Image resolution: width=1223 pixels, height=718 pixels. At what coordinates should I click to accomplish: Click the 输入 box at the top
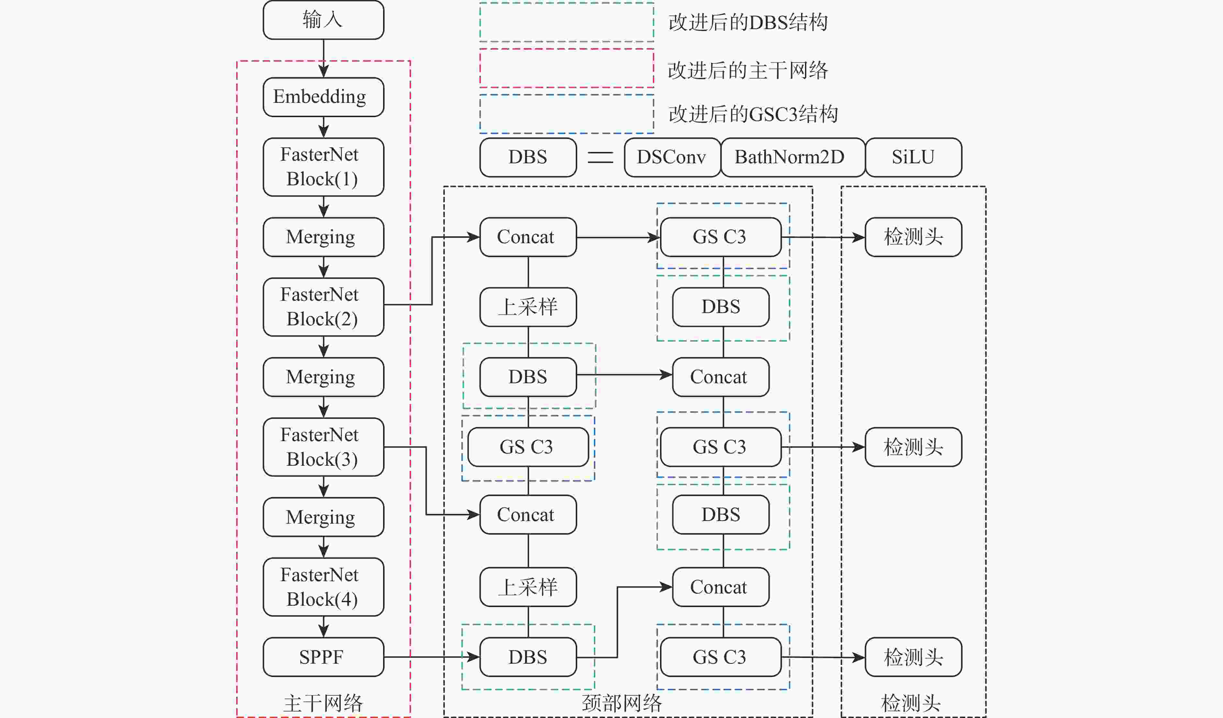pos(323,20)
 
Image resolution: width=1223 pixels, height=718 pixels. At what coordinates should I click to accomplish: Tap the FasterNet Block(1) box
pos(323,167)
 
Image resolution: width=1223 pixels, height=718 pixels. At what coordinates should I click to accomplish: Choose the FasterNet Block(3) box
pos(323,447)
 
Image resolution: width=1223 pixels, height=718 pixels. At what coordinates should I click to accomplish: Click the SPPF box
pos(323,657)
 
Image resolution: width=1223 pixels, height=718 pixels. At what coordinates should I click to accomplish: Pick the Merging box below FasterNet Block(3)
pos(323,517)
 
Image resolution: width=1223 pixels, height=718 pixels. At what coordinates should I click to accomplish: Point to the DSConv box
pos(672,157)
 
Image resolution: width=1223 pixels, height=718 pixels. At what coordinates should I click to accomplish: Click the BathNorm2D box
pos(793,157)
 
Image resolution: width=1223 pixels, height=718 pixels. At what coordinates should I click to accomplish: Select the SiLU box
pos(913,157)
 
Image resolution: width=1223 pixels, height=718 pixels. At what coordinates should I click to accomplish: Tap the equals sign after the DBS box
pos(600,157)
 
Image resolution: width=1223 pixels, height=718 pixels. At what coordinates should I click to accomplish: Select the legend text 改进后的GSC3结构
pos(753,114)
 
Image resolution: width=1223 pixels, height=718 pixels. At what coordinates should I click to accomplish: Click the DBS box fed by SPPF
pos(528,657)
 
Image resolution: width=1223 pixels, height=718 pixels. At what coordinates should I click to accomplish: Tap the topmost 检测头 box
pos(913,237)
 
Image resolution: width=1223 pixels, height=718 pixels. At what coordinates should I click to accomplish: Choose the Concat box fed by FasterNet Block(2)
pos(528,237)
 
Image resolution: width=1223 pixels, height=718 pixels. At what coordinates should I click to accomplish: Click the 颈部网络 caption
pos(622,703)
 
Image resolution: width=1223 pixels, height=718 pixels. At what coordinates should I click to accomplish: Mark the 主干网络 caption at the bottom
pos(323,703)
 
